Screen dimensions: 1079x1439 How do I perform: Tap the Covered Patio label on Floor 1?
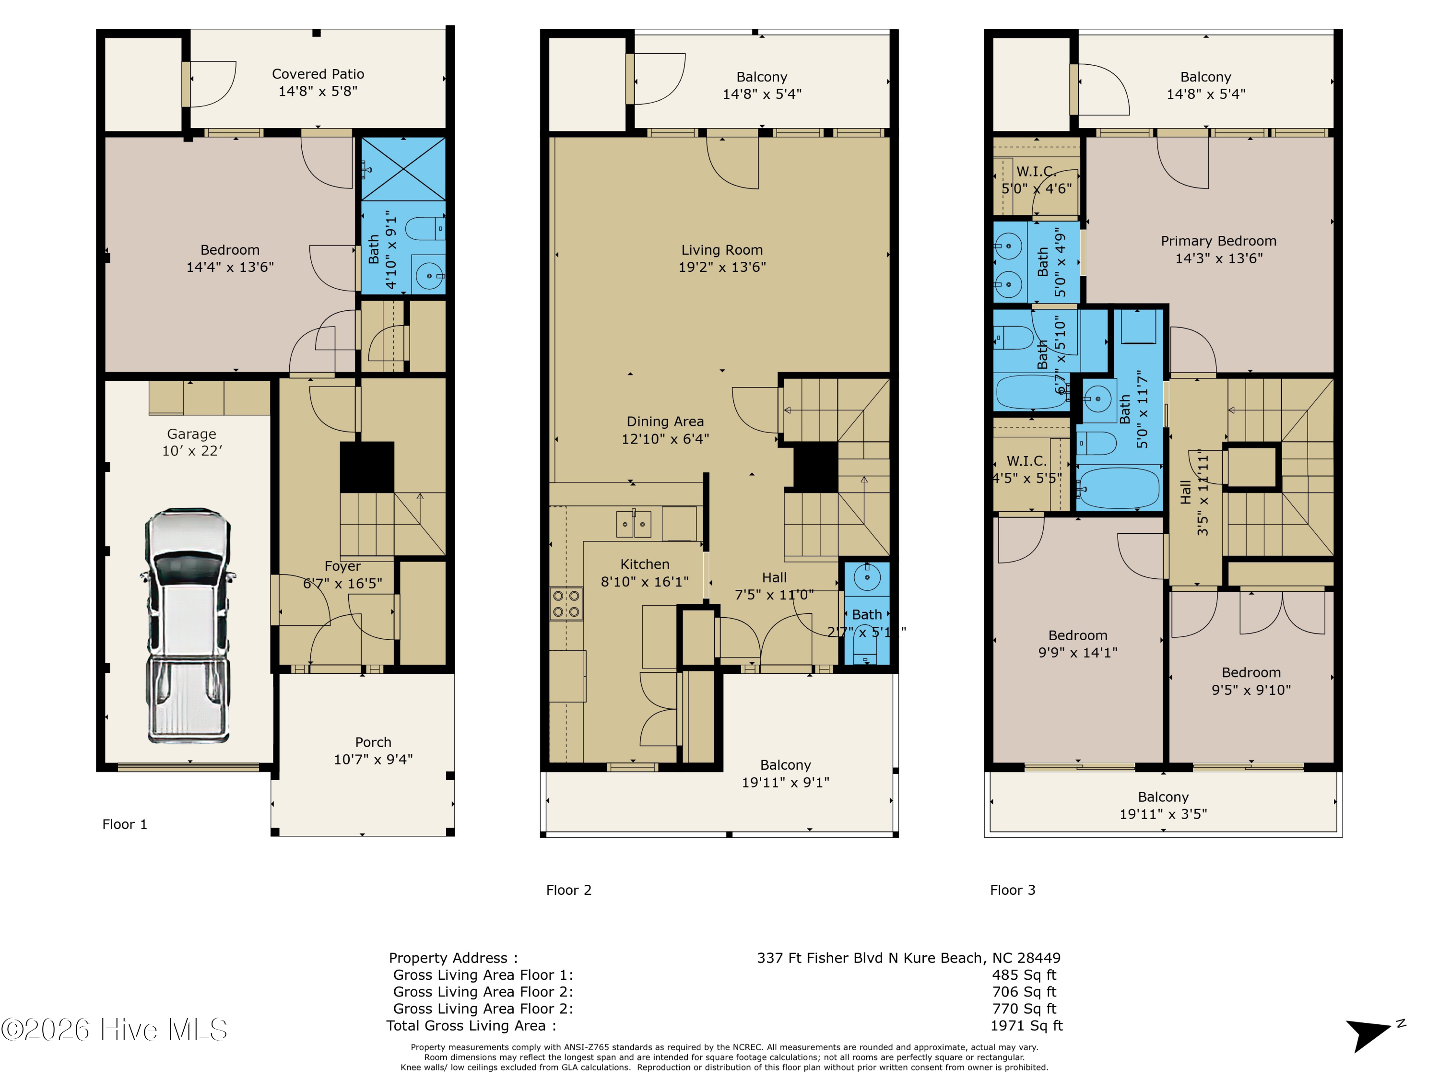[318, 82]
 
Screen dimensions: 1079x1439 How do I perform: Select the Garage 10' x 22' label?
[192, 442]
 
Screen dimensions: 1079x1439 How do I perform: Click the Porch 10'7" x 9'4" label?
[373, 751]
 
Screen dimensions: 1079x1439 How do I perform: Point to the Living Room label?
[721, 258]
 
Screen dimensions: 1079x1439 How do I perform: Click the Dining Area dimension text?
[665, 439]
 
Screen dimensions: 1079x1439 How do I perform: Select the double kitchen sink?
[633, 524]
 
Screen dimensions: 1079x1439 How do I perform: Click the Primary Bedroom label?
[1218, 249]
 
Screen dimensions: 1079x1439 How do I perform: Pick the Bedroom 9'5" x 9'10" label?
[1250, 681]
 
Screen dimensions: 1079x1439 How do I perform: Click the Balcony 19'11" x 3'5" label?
[1163, 805]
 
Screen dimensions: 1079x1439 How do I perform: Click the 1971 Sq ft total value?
[1026, 1026]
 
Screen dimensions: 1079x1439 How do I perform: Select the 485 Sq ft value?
[1024, 975]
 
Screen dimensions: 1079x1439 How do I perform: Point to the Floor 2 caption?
[568, 890]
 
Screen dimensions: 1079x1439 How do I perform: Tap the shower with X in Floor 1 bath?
[403, 169]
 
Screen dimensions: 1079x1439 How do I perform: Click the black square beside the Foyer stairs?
[367, 467]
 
